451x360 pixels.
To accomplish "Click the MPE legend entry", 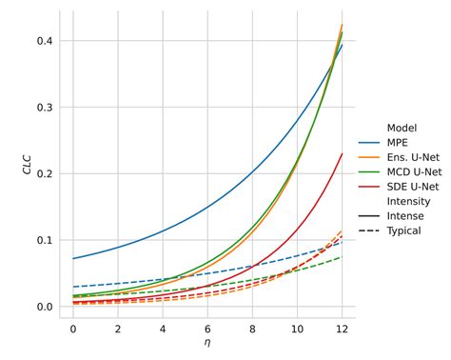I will [x=397, y=142].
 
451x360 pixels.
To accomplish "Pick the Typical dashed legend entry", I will [x=403, y=231].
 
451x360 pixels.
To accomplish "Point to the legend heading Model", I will [x=402, y=128].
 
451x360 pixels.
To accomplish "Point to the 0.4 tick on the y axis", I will [x=45, y=41].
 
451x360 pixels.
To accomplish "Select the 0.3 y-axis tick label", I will [x=45, y=108].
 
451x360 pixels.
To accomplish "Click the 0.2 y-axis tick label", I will [x=45, y=174].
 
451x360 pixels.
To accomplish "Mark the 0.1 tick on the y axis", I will [x=45, y=240].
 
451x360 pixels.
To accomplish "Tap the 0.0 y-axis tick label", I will [x=45, y=307].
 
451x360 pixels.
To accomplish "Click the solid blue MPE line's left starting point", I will [x=73, y=258].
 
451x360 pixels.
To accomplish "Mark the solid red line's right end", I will [x=342, y=153].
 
